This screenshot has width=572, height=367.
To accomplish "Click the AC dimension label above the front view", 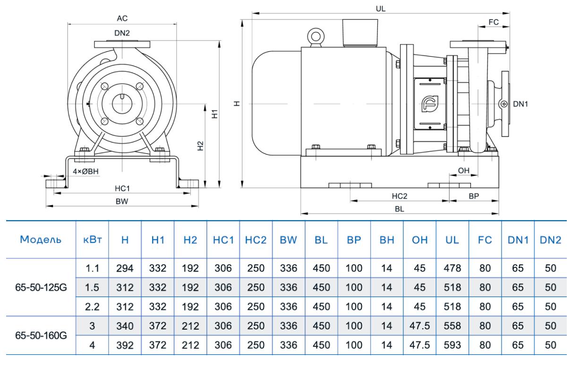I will pyautogui.click(x=122, y=18).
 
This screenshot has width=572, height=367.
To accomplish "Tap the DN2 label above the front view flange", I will pyautogui.click(x=122, y=33).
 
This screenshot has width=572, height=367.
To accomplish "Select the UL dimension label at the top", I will pyautogui.click(x=381, y=9).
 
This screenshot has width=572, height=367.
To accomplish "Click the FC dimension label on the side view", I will pyautogui.click(x=494, y=22).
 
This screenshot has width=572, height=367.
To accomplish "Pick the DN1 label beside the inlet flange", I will pyautogui.click(x=521, y=104).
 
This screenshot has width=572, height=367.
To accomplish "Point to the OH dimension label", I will pyautogui.click(x=463, y=170).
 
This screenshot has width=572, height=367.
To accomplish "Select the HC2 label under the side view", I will pyautogui.click(x=399, y=196).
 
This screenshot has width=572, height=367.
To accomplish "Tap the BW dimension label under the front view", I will pyautogui.click(x=122, y=201).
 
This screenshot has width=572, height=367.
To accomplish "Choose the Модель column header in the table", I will pyautogui.click(x=41, y=239).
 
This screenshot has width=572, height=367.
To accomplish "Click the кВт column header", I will pyautogui.click(x=92, y=239).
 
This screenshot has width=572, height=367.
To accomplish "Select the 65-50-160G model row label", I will pyautogui.click(x=41, y=335).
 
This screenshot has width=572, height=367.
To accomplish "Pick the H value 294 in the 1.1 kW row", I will pyautogui.click(x=125, y=268).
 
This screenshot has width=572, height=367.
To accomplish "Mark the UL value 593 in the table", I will pyautogui.click(x=452, y=345).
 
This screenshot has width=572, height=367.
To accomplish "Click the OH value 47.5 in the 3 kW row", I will pyautogui.click(x=419, y=326).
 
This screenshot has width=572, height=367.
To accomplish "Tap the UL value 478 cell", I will pyautogui.click(x=452, y=268).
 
